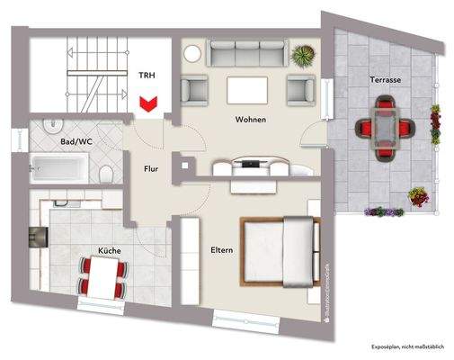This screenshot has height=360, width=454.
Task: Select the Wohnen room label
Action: [250, 120]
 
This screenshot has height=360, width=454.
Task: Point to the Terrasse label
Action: [384, 80]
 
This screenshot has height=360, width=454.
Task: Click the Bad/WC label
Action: [75, 142]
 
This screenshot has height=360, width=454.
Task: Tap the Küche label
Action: [109, 252]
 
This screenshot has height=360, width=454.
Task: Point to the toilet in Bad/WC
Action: [105, 171]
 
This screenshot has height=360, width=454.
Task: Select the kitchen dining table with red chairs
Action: [100, 274]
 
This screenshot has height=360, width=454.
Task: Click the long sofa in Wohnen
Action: [250, 55]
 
